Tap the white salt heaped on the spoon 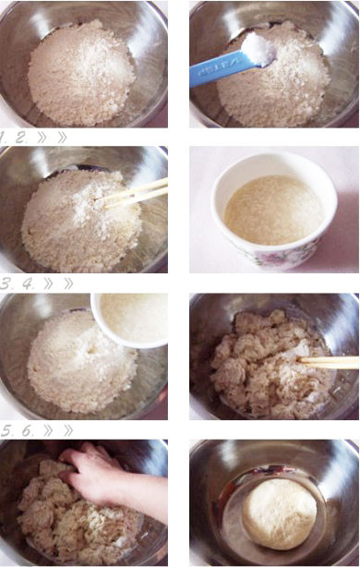[258, 50]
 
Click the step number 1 [3, 138]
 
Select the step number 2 [21, 138]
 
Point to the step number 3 [6, 283]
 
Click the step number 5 [7, 430]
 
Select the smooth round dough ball [279, 513]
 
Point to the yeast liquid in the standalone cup [274, 210]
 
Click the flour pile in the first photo [81, 72]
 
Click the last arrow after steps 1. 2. [62, 138]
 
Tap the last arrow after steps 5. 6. [68, 430]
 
